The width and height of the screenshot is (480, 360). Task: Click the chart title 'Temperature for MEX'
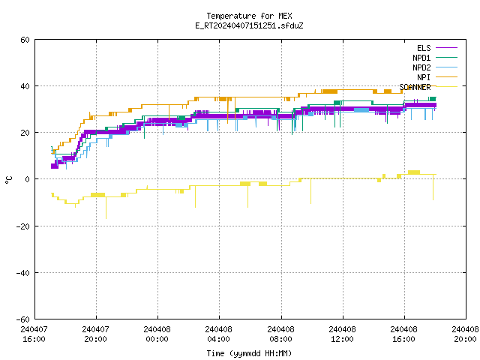click(249, 16)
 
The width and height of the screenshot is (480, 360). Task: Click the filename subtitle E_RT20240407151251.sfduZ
click(249, 25)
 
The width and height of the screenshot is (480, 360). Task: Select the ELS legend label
click(424, 48)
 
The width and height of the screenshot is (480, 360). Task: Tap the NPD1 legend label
click(421, 58)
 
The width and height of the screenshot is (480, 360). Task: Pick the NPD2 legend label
click(421, 67)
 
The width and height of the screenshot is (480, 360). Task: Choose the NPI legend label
click(424, 77)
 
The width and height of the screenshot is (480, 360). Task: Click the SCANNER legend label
click(415, 87)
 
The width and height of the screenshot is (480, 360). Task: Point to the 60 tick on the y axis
click(25, 40)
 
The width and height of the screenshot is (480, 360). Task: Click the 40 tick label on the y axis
click(25, 86)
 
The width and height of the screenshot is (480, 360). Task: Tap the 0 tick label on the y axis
click(28, 179)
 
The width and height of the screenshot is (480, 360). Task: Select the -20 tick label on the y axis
click(23, 226)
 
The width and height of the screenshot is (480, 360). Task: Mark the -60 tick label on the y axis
click(23, 319)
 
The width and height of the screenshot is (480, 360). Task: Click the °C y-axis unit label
click(8, 180)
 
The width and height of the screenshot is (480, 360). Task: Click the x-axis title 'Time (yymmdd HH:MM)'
click(249, 353)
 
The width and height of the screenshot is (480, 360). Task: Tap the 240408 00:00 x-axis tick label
click(157, 334)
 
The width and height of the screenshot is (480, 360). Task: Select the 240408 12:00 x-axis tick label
click(342, 334)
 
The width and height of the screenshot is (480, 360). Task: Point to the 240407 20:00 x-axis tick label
click(95, 334)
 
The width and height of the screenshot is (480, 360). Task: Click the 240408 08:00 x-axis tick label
click(280, 334)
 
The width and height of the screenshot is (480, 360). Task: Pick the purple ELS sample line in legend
click(447, 48)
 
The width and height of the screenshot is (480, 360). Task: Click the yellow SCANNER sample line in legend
click(447, 87)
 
